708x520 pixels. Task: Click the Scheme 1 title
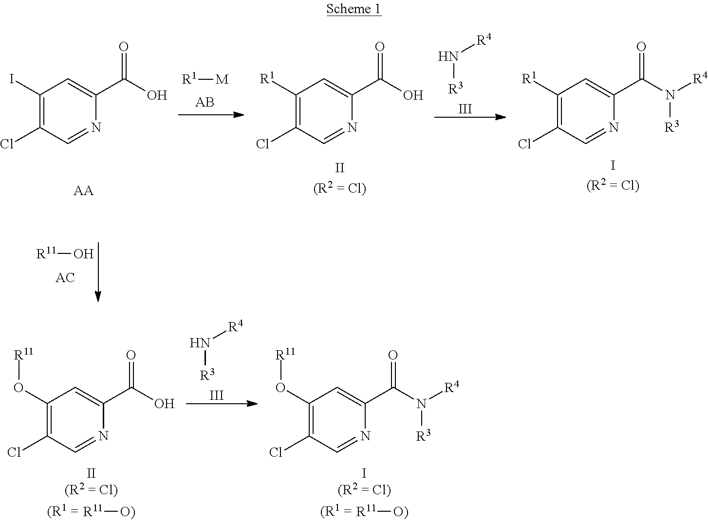click(x=354, y=9)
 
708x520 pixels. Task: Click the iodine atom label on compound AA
click(x=12, y=78)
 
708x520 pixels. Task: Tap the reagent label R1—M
click(x=205, y=79)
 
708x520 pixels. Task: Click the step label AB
click(x=205, y=102)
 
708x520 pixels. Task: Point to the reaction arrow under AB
click(x=210, y=115)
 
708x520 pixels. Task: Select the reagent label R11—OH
click(x=65, y=253)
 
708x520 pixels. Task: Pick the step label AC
click(x=65, y=277)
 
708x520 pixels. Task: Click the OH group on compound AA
click(x=157, y=95)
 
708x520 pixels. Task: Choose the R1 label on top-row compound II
click(x=267, y=78)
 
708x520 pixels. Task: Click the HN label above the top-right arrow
click(x=448, y=56)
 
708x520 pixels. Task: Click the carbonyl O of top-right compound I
click(x=641, y=47)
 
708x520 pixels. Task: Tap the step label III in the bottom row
click(x=216, y=395)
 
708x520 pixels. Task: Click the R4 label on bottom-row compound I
click(x=451, y=388)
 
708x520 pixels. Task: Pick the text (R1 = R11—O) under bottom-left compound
click(x=91, y=511)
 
